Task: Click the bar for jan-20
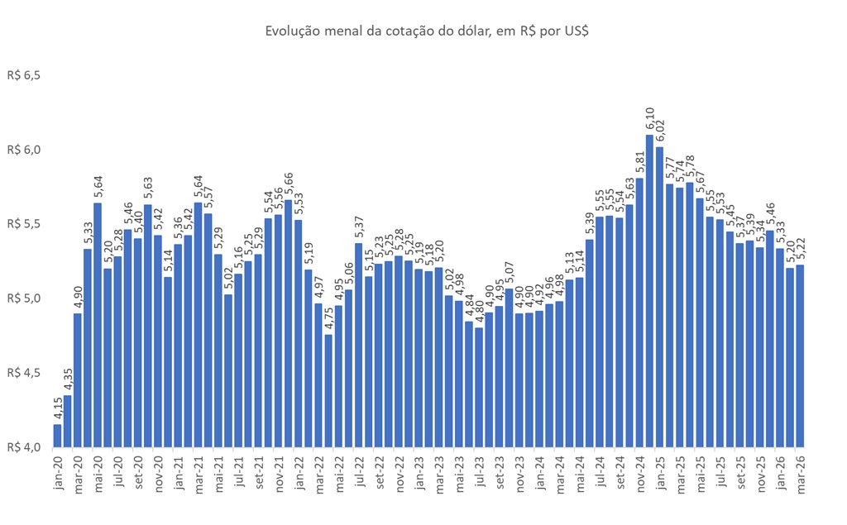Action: [57, 435]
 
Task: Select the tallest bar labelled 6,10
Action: [649, 289]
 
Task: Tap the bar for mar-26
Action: [800, 356]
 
